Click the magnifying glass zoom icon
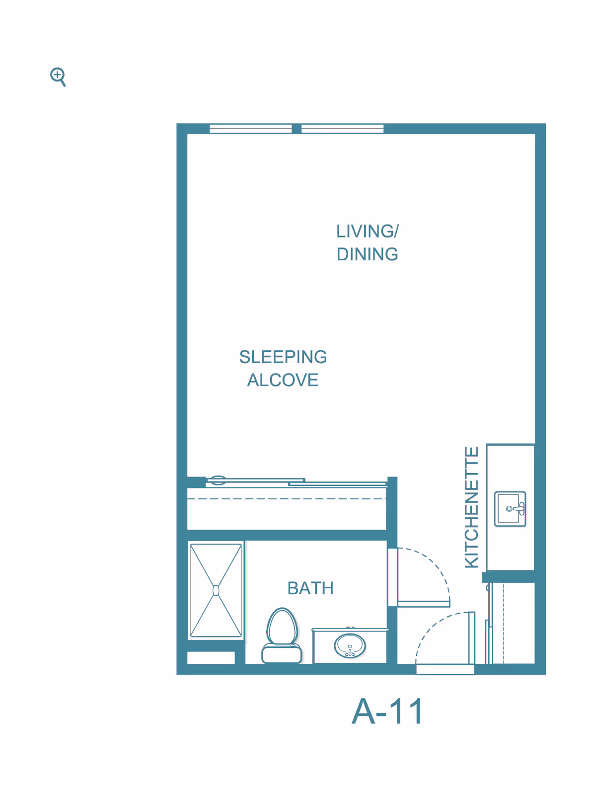(58, 77)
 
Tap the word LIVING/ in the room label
(367, 232)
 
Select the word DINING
(367, 254)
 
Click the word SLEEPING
(283, 357)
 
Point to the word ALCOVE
(283, 380)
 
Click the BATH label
(310, 588)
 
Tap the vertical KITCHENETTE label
(471, 507)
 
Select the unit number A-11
(388, 712)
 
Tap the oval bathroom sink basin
(350, 646)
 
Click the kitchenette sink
(510, 509)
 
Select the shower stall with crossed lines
(216, 590)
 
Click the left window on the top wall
(250, 129)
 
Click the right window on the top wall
(342, 129)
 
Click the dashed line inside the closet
(287, 498)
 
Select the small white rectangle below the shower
(211, 658)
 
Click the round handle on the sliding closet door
(217, 480)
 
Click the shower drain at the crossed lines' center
(216, 590)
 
